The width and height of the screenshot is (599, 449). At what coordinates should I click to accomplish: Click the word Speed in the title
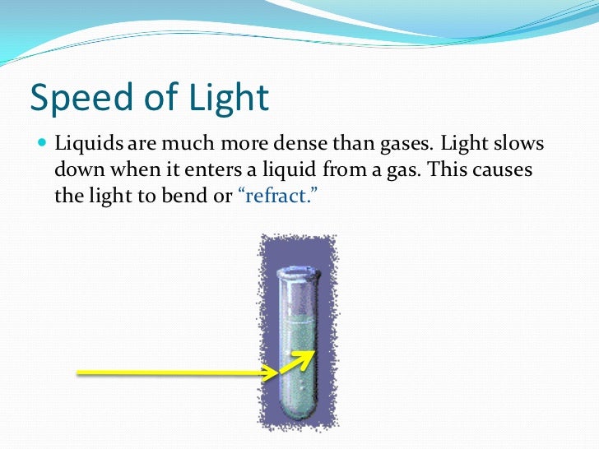(72, 99)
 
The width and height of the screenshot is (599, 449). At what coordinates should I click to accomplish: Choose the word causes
(503, 172)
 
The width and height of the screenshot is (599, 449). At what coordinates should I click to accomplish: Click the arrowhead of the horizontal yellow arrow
(271, 373)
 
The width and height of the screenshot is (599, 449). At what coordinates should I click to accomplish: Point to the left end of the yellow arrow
(79, 373)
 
